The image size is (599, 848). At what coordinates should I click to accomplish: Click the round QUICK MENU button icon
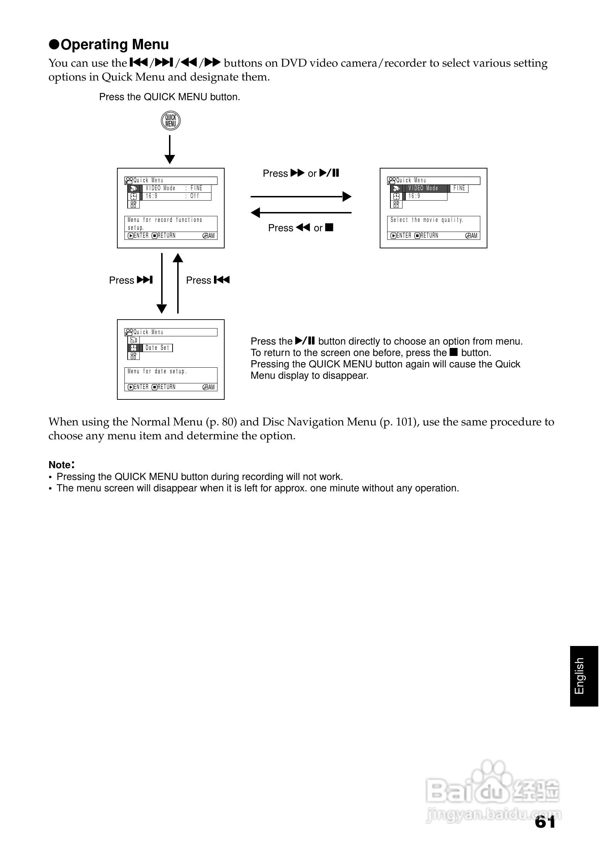pyautogui.click(x=171, y=121)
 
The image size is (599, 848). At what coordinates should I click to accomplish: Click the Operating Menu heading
pyautogui.click(x=109, y=45)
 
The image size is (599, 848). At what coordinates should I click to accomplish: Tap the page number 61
pyautogui.click(x=545, y=822)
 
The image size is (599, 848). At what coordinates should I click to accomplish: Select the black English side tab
pyautogui.click(x=584, y=676)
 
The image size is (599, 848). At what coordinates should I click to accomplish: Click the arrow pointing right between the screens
pyautogui.click(x=301, y=196)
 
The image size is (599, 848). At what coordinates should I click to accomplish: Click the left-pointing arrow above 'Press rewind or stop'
pyautogui.click(x=301, y=213)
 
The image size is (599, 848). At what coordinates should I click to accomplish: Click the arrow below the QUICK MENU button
pyautogui.click(x=170, y=149)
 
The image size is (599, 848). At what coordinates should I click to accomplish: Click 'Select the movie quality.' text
pyautogui.click(x=427, y=220)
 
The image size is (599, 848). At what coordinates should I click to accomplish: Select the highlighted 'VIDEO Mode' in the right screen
pyautogui.click(x=423, y=188)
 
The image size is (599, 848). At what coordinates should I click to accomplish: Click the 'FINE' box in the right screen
pyautogui.click(x=459, y=188)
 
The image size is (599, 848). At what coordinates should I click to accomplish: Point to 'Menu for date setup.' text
pyautogui.click(x=157, y=372)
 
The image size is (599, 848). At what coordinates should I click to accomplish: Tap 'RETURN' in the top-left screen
pyautogui.click(x=166, y=236)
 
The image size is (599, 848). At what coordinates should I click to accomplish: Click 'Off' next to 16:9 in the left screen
pyautogui.click(x=195, y=196)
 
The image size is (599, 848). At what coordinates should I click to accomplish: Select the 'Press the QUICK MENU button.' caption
pyautogui.click(x=170, y=97)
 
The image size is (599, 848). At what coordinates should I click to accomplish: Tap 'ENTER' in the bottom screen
pyautogui.click(x=140, y=387)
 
